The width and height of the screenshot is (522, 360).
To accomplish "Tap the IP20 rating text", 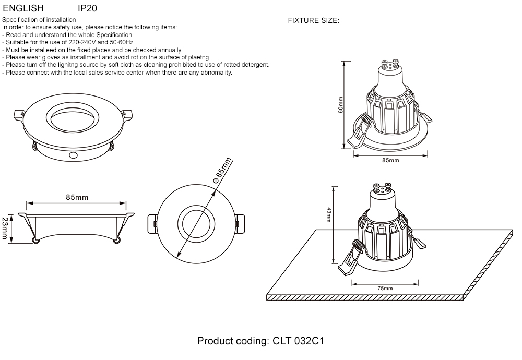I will (87, 9).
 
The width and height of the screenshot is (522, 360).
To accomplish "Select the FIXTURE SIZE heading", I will (314, 21).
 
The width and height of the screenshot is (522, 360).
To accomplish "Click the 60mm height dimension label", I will (340, 105).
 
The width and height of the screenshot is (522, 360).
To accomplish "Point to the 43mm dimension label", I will (329, 215).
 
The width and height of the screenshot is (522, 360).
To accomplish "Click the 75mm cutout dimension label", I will (385, 288).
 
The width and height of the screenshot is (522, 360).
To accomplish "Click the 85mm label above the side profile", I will (77, 197).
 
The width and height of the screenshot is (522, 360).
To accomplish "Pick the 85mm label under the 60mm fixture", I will (390, 160).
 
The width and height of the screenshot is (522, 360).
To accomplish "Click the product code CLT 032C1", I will (298, 342).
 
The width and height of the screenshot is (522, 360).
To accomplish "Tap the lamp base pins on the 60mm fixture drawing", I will (387, 65).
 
